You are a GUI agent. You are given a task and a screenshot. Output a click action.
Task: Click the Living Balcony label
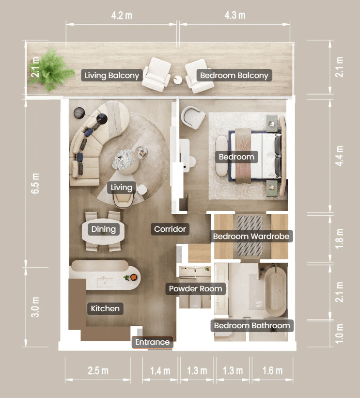tap(112, 76)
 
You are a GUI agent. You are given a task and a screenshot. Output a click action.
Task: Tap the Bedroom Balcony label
tap(234, 76)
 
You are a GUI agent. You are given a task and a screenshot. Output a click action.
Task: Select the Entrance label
tap(153, 342)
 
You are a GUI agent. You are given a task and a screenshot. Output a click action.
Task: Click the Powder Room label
tap(196, 288)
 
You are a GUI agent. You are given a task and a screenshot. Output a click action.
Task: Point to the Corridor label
tap(170, 229)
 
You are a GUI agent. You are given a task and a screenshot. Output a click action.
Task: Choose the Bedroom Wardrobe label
tap(251, 236)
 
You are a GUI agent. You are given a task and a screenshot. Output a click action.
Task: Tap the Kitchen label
tap(105, 308)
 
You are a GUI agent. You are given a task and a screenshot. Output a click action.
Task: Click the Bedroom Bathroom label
tap(252, 325)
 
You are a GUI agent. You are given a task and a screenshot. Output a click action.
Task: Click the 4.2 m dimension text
tap(122, 16)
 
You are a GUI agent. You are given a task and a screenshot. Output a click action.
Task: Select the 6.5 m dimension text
tap(35, 184)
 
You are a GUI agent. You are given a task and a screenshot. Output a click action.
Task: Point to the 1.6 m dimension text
tap(272, 370)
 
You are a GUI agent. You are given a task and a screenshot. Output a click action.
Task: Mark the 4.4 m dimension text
tap(339, 156)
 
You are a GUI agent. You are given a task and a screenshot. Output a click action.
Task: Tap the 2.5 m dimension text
tap(98, 370)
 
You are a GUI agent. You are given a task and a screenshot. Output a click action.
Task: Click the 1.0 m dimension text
tap(339, 334)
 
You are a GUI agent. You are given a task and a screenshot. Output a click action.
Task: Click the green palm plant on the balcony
tap(51, 70)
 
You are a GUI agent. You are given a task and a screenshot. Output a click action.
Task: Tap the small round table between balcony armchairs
tap(178, 80)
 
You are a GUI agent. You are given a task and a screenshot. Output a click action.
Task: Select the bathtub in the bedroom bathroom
tap(276, 291)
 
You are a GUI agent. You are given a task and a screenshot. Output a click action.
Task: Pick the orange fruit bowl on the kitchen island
tap(133, 277)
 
